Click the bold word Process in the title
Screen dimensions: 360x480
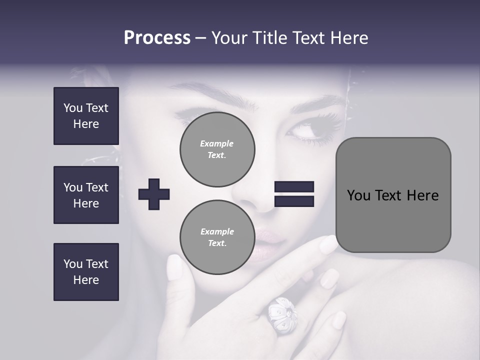157,38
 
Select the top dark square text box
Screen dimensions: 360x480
86,116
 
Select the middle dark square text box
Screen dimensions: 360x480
86,195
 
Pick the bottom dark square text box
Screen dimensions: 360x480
86,272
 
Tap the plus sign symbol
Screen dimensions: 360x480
154,194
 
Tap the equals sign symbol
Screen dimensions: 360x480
294,194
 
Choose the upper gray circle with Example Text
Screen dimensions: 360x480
217,149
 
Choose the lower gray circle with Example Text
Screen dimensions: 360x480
217,237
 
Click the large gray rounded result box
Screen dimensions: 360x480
393,195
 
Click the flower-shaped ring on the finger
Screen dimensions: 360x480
281,314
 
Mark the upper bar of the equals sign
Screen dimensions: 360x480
294,187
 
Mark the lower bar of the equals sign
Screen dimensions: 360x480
294,201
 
